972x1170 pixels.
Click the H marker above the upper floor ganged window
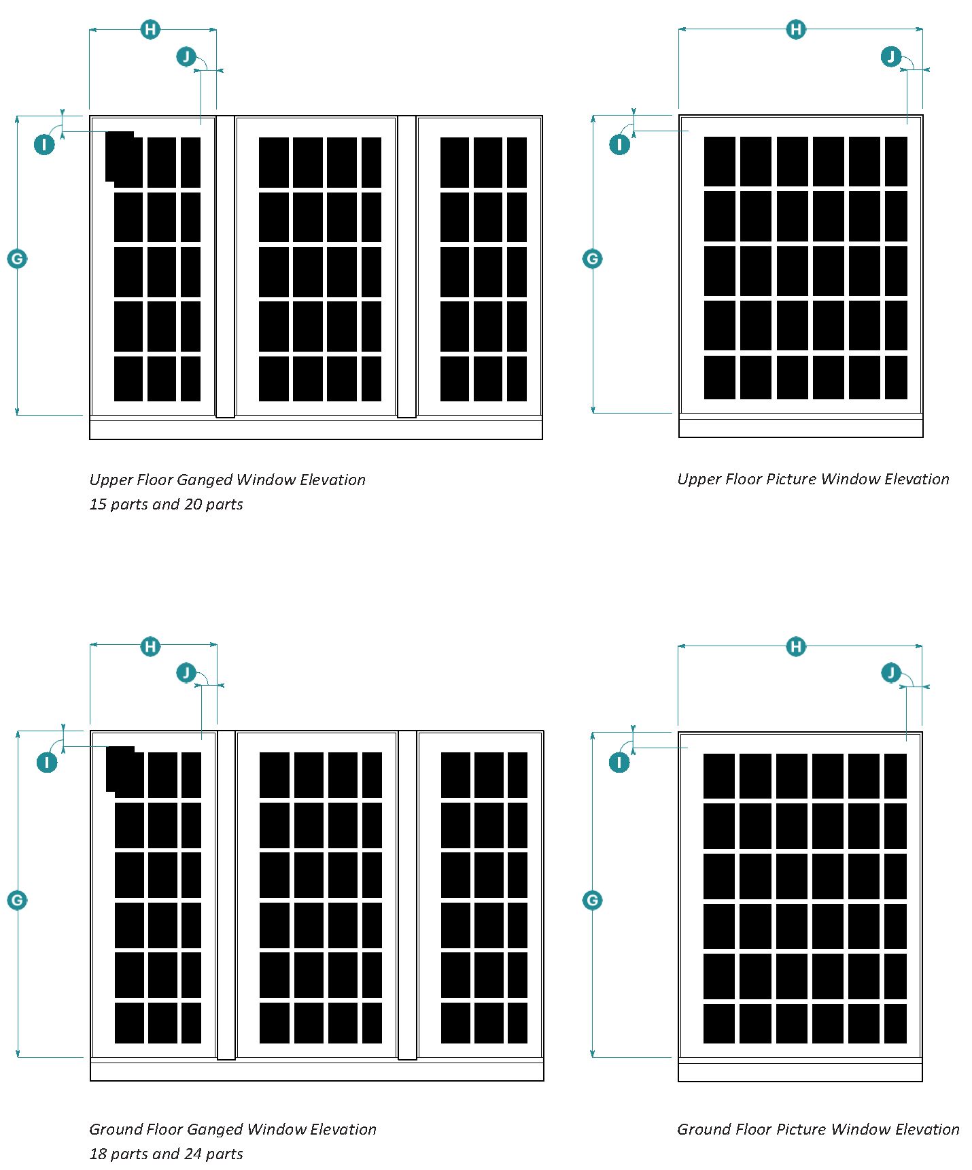tap(150, 29)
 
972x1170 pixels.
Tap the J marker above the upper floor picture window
tap(890, 56)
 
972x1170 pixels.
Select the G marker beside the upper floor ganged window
tap(17, 258)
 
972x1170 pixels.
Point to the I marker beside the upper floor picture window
tap(619, 144)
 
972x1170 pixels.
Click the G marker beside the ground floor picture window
tap(592, 900)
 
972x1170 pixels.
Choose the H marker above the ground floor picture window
tap(796, 646)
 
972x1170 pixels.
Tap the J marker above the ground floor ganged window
tap(186, 673)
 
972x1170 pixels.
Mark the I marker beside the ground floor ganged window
tap(47, 763)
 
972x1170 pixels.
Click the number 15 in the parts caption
tap(98, 504)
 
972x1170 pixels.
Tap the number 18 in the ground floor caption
tap(98, 1154)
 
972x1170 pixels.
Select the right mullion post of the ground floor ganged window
tap(407, 895)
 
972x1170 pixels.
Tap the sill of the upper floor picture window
tap(801, 428)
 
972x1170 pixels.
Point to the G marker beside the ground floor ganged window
tap(17, 900)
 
